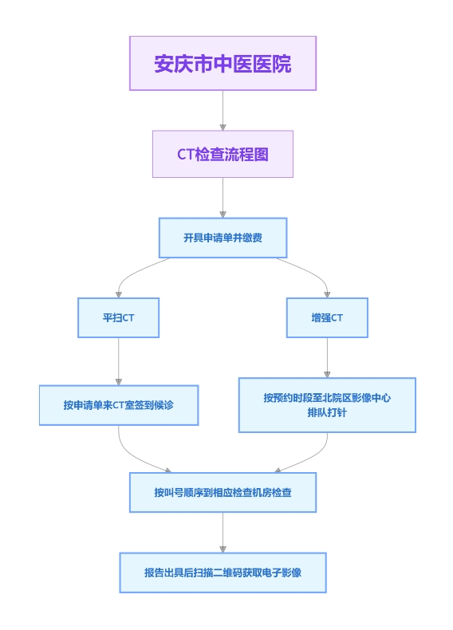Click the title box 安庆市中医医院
223,63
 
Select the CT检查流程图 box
223,154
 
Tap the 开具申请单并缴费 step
223,238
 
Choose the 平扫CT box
118,317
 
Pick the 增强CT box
327,317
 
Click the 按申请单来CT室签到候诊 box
119,405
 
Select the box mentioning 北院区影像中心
327,405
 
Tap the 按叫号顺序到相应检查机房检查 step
223,492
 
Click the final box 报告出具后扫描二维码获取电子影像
223,573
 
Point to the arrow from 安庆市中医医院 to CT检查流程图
223,111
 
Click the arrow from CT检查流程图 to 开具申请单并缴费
223,198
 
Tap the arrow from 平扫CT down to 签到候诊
118,361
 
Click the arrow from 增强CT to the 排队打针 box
327,357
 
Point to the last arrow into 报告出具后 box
223,533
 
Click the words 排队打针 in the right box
327,412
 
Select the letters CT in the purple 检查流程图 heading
186,154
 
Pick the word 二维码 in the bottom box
228,573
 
